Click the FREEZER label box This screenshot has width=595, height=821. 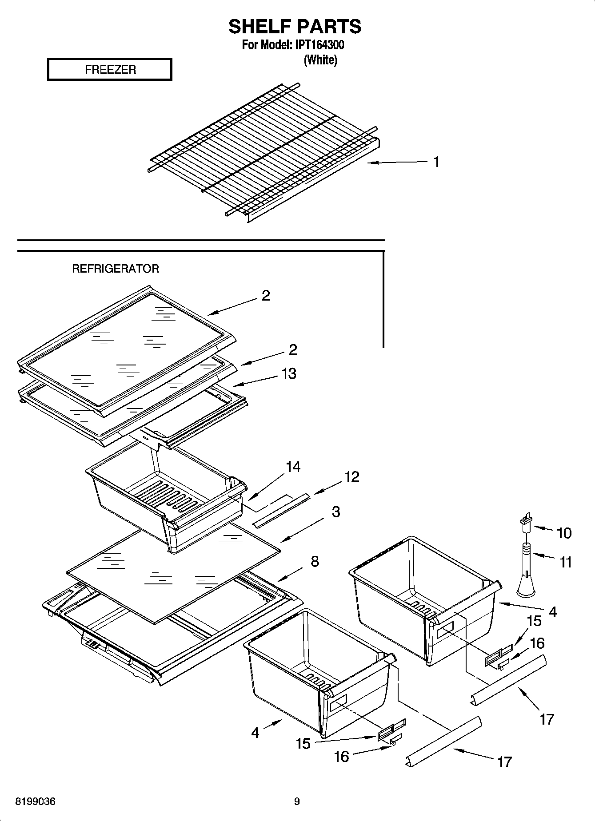109,69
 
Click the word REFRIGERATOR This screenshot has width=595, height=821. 116,269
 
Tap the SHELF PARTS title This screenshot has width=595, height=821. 295,27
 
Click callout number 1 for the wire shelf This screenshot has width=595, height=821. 436,162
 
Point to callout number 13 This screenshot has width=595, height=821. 289,373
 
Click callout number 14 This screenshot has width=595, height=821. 293,467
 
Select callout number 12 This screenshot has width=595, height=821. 351,477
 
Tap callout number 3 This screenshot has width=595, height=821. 336,512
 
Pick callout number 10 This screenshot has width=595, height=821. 564,533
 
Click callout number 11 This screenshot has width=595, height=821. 565,562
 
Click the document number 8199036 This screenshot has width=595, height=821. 36,801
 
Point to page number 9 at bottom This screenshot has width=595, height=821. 297,801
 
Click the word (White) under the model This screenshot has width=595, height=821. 320,60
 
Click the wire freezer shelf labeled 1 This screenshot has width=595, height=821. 262,151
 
